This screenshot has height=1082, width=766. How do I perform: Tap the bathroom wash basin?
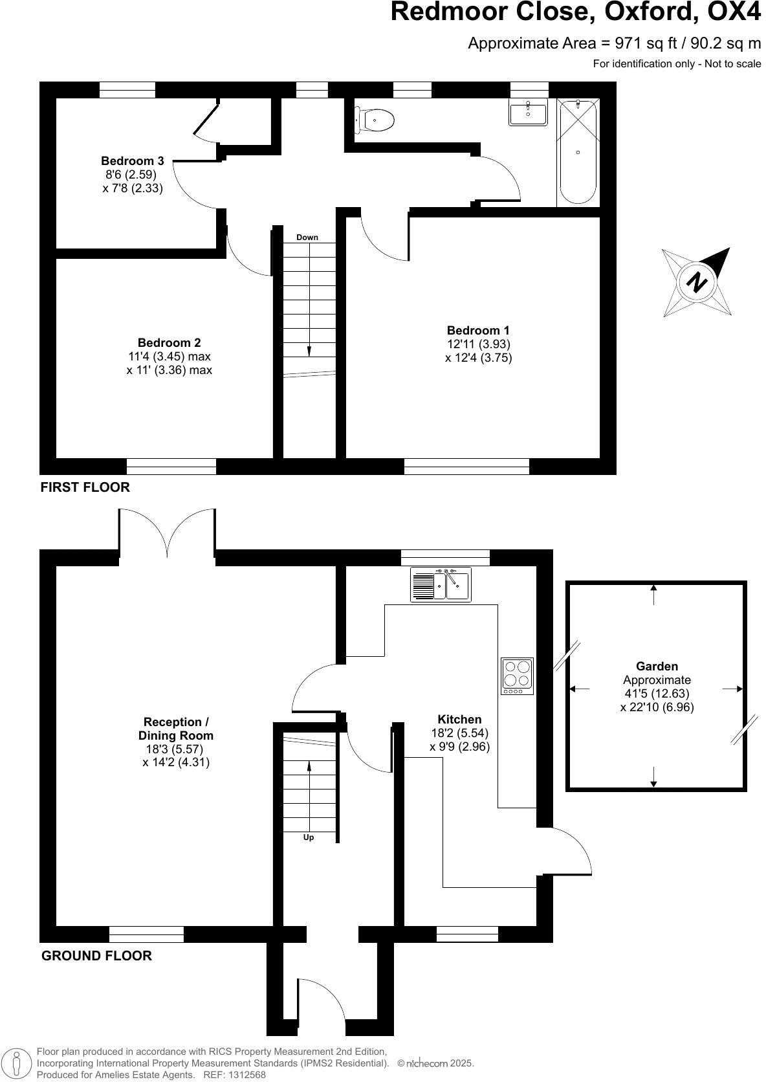(529, 113)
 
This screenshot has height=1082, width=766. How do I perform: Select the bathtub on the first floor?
(578, 153)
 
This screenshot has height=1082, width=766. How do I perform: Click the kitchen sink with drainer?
(441, 585)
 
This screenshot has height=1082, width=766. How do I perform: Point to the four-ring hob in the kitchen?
(518, 674)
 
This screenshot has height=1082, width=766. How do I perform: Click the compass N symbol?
(697, 283)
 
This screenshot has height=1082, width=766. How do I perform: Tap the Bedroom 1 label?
(478, 331)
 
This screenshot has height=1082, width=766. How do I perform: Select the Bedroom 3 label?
(132, 160)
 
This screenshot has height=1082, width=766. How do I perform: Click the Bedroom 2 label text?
(169, 343)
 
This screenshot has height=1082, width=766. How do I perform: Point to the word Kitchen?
(459, 719)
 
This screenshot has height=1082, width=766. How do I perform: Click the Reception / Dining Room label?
(175, 729)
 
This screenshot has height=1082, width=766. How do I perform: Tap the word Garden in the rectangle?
(657, 666)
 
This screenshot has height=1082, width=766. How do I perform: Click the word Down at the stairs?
(307, 237)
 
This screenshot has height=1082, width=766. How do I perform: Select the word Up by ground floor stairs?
(309, 837)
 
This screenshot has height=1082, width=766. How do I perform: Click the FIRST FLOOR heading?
(85, 487)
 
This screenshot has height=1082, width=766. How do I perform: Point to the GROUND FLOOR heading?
(96, 956)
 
